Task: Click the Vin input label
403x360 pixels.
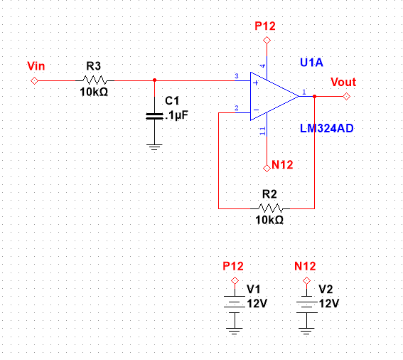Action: [x=36, y=66]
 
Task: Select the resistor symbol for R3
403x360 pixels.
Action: [x=94, y=80]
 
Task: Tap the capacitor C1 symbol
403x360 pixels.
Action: [x=153, y=115]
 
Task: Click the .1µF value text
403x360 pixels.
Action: [x=175, y=114]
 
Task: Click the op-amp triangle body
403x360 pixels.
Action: [x=272, y=95]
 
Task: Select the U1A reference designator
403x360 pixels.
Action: [x=312, y=63]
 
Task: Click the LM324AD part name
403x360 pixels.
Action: [x=326, y=128]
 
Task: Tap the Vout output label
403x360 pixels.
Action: [x=343, y=83]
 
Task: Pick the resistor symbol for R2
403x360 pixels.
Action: [x=270, y=208]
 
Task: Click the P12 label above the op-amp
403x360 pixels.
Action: [x=266, y=26]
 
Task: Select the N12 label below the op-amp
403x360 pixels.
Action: [x=283, y=166]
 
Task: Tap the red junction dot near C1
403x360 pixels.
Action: [x=154, y=80]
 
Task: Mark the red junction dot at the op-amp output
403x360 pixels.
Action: [x=314, y=95]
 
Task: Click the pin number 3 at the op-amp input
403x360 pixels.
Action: [x=236, y=76]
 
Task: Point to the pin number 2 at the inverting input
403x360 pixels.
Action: [x=236, y=107]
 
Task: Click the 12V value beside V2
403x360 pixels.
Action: [x=328, y=303]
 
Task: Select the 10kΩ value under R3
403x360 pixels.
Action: [x=94, y=92]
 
